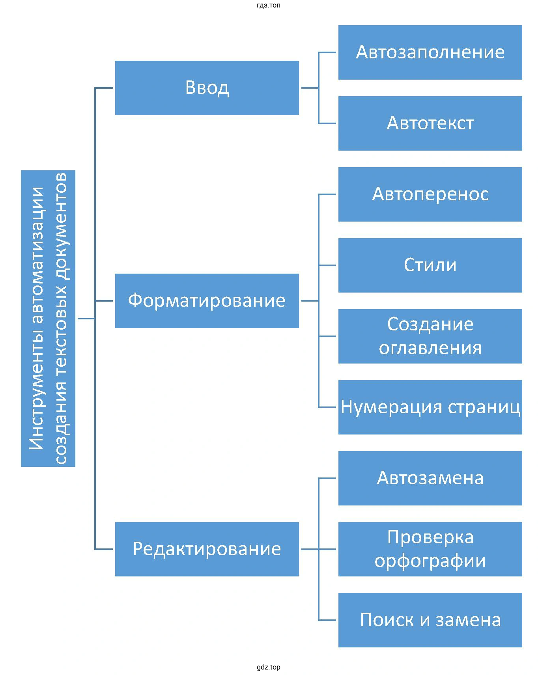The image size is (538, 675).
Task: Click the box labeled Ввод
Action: (207, 88)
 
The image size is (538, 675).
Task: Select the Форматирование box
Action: (207, 300)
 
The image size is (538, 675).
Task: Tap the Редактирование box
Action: (207, 549)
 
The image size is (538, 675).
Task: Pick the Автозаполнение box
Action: (430, 52)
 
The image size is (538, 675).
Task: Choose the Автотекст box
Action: (430, 123)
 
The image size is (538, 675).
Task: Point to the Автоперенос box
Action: (430, 194)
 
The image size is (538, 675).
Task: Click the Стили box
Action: (430, 265)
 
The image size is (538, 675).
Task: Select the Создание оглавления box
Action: (430, 336)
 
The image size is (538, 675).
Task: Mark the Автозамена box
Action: (430, 478)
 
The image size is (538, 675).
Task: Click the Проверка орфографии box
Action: (430, 549)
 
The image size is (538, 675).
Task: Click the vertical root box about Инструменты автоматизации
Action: (48, 318)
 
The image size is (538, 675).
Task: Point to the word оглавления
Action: (430, 348)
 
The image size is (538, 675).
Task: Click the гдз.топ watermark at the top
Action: (268, 6)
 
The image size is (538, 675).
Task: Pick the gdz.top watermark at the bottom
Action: (268, 667)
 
